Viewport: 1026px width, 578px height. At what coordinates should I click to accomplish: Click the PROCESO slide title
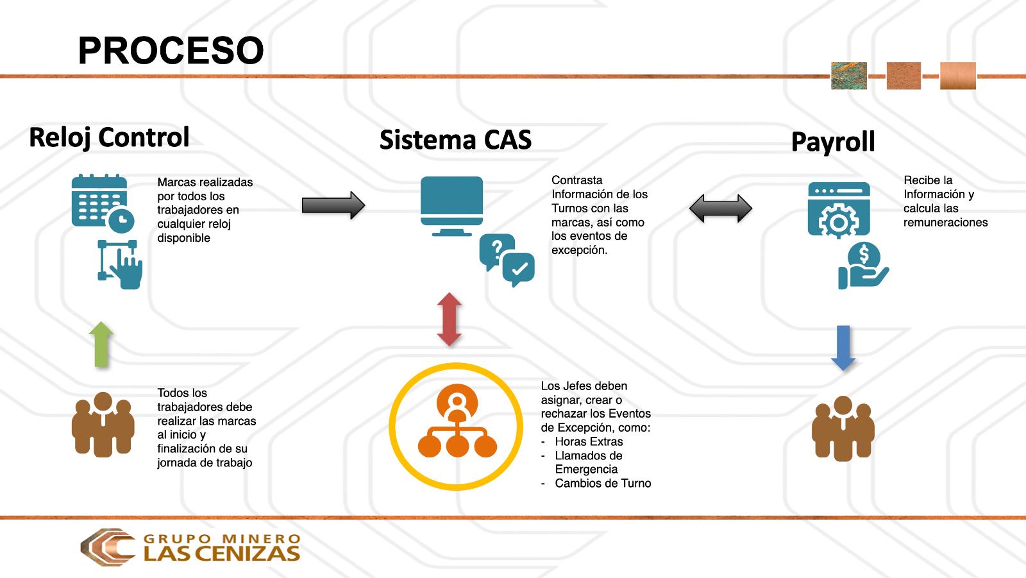[x=171, y=51]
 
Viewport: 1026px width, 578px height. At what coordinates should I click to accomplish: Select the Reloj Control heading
[x=109, y=137]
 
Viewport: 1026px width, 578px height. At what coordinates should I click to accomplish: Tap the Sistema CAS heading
[x=455, y=140]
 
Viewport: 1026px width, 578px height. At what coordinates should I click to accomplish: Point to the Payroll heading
[x=832, y=142]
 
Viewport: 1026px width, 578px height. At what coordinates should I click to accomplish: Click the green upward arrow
[x=101, y=344]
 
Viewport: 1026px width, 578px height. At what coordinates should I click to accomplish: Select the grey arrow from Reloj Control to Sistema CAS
[x=333, y=205]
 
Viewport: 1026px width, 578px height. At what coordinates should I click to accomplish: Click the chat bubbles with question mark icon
[x=507, y=259]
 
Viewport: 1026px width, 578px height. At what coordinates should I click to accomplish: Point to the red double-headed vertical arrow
[x=449, y=319]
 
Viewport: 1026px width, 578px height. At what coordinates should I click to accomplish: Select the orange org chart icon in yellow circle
[x=457, y=427]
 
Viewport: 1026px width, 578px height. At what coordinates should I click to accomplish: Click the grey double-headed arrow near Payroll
[x=720, y=208]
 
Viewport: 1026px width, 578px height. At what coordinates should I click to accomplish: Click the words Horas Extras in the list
[x=589, y=441]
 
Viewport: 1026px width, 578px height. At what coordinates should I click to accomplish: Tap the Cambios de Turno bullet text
[x=603, y=483]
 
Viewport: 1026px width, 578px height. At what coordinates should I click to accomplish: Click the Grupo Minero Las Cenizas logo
[x=190, y=547]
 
